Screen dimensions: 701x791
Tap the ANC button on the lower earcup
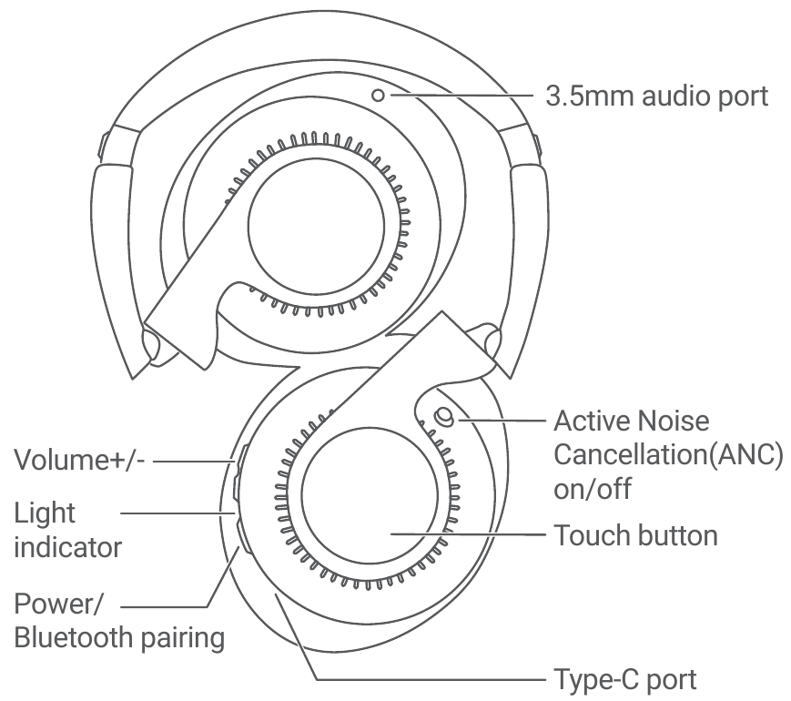pos(444,416)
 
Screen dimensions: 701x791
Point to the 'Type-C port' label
pos(625,679)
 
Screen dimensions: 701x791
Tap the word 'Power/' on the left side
pos(56,605)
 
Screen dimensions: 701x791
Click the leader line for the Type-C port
pos(428,679)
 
